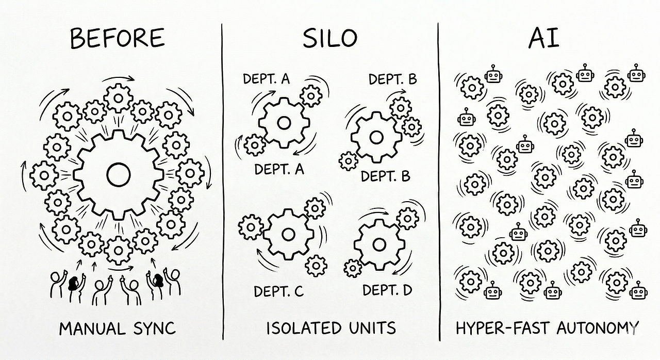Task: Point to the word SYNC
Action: pyautogui.click(x=153, y=328)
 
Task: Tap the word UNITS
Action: pyautogui.click(x=371, y=328)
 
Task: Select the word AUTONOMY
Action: pyautogui.click(x=598, y=328)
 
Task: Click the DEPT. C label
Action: pyautogui.click(x=278, y=291)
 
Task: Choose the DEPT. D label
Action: pyautogui.click(x=387, y=290)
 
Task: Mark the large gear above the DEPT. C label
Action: pyautogui.click(x=288, y=235)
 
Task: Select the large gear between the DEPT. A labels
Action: pyautogui.click(x=283, y=123)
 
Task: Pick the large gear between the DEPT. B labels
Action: pyautogui.click(x=376, y=137)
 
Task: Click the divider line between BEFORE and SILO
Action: pyautogui.click(x=223, y=181)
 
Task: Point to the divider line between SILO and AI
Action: pyautogui.click(x=439, y=181)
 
